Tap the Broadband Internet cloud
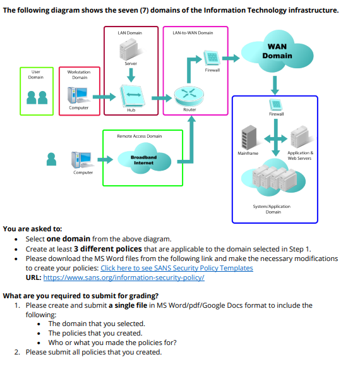(143, 159)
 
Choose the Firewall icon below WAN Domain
(276, 104)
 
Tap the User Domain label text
(37, 75)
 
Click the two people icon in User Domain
(37, 97)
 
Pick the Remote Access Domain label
(139, 136)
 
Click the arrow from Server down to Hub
(131, 73)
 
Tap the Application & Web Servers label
(299, 155)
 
